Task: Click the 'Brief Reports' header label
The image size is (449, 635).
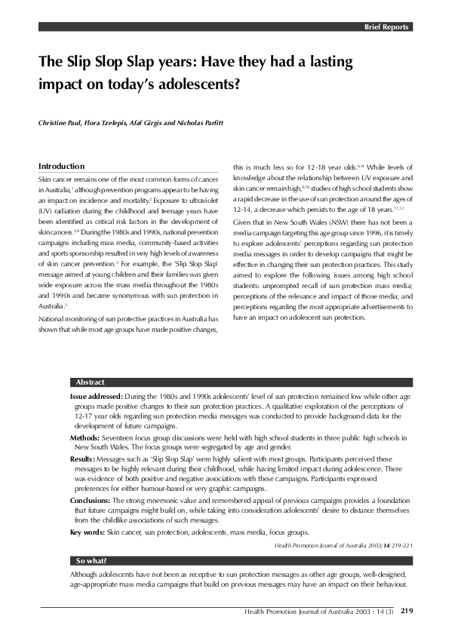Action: (386, 26)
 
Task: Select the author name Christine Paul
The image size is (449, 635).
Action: (63, 121)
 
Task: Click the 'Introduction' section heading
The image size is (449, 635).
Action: (61, 166)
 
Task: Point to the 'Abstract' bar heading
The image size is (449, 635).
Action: (91, 382)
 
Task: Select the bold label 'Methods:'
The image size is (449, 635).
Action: (85, 437)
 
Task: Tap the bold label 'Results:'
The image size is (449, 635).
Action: (82, 459)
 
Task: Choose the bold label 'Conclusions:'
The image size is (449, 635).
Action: (91, 500)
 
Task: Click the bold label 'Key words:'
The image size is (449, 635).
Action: (87, 532)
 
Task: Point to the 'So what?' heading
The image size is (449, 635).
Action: (91, 561)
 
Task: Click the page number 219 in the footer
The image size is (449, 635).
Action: (406, 611)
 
